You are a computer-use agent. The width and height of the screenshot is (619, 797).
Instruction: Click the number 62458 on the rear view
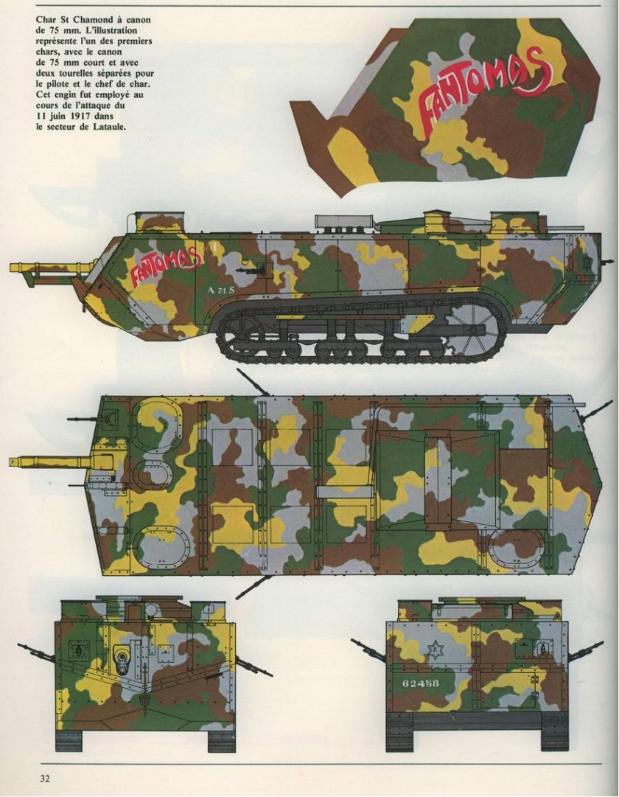pyautogui.click(x=420, y=683)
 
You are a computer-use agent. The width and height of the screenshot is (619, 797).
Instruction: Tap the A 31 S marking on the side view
pyautogui.click(x=221, y=290)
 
